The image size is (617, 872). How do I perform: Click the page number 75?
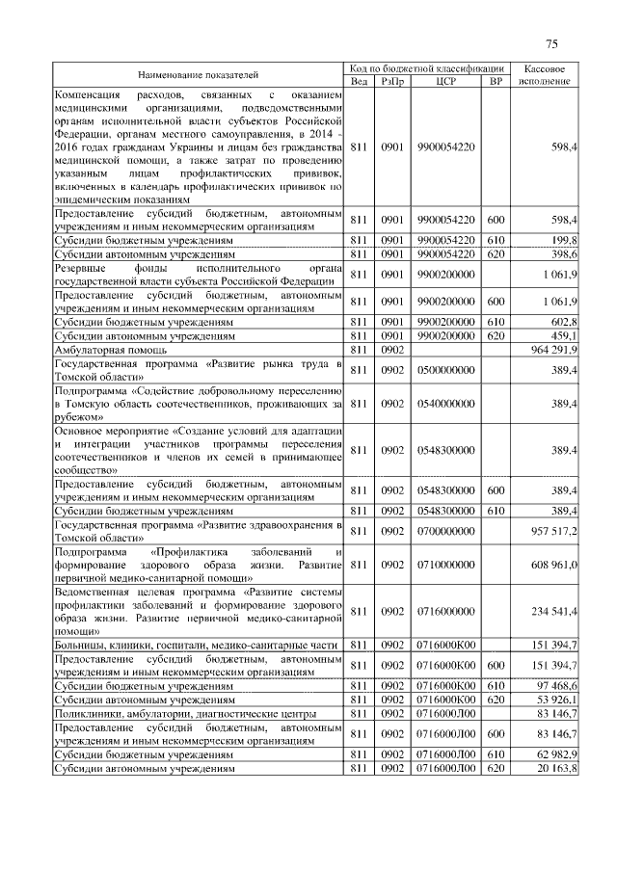tap(551, 43)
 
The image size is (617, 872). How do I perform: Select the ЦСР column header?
tap(444, 81)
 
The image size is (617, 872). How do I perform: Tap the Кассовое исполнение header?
tap(545, 74)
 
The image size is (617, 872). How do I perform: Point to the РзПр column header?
tap(392, 81)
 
